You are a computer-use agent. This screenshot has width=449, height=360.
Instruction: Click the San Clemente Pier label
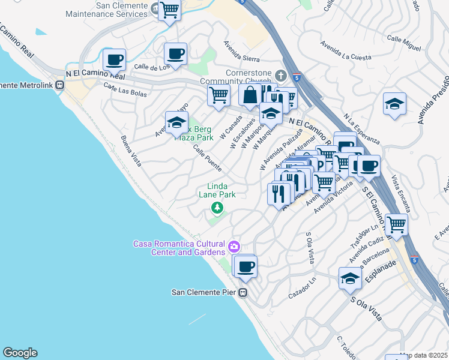tap(204, 293)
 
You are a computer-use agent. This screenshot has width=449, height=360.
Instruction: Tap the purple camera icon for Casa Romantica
tap(234, 246)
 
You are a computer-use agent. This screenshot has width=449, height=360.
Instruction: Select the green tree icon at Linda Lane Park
tap(217, 208)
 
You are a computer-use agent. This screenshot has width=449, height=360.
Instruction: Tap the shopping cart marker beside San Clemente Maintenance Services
tap(170, 10)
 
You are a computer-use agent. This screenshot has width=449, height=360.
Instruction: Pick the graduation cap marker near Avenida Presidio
tap(394, 103)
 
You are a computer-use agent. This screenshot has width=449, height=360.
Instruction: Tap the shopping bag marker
tap(250, 94)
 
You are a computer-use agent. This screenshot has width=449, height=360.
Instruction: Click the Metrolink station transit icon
tap(59, 85)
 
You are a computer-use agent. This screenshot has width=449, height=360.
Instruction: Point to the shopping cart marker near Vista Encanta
tap(396, 224)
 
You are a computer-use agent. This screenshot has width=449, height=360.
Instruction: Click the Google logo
tap(20, 353)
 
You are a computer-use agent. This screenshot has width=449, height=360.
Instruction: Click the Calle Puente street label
tap(208, 159)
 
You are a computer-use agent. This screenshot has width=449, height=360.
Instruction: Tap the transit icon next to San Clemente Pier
tap(243, 293)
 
